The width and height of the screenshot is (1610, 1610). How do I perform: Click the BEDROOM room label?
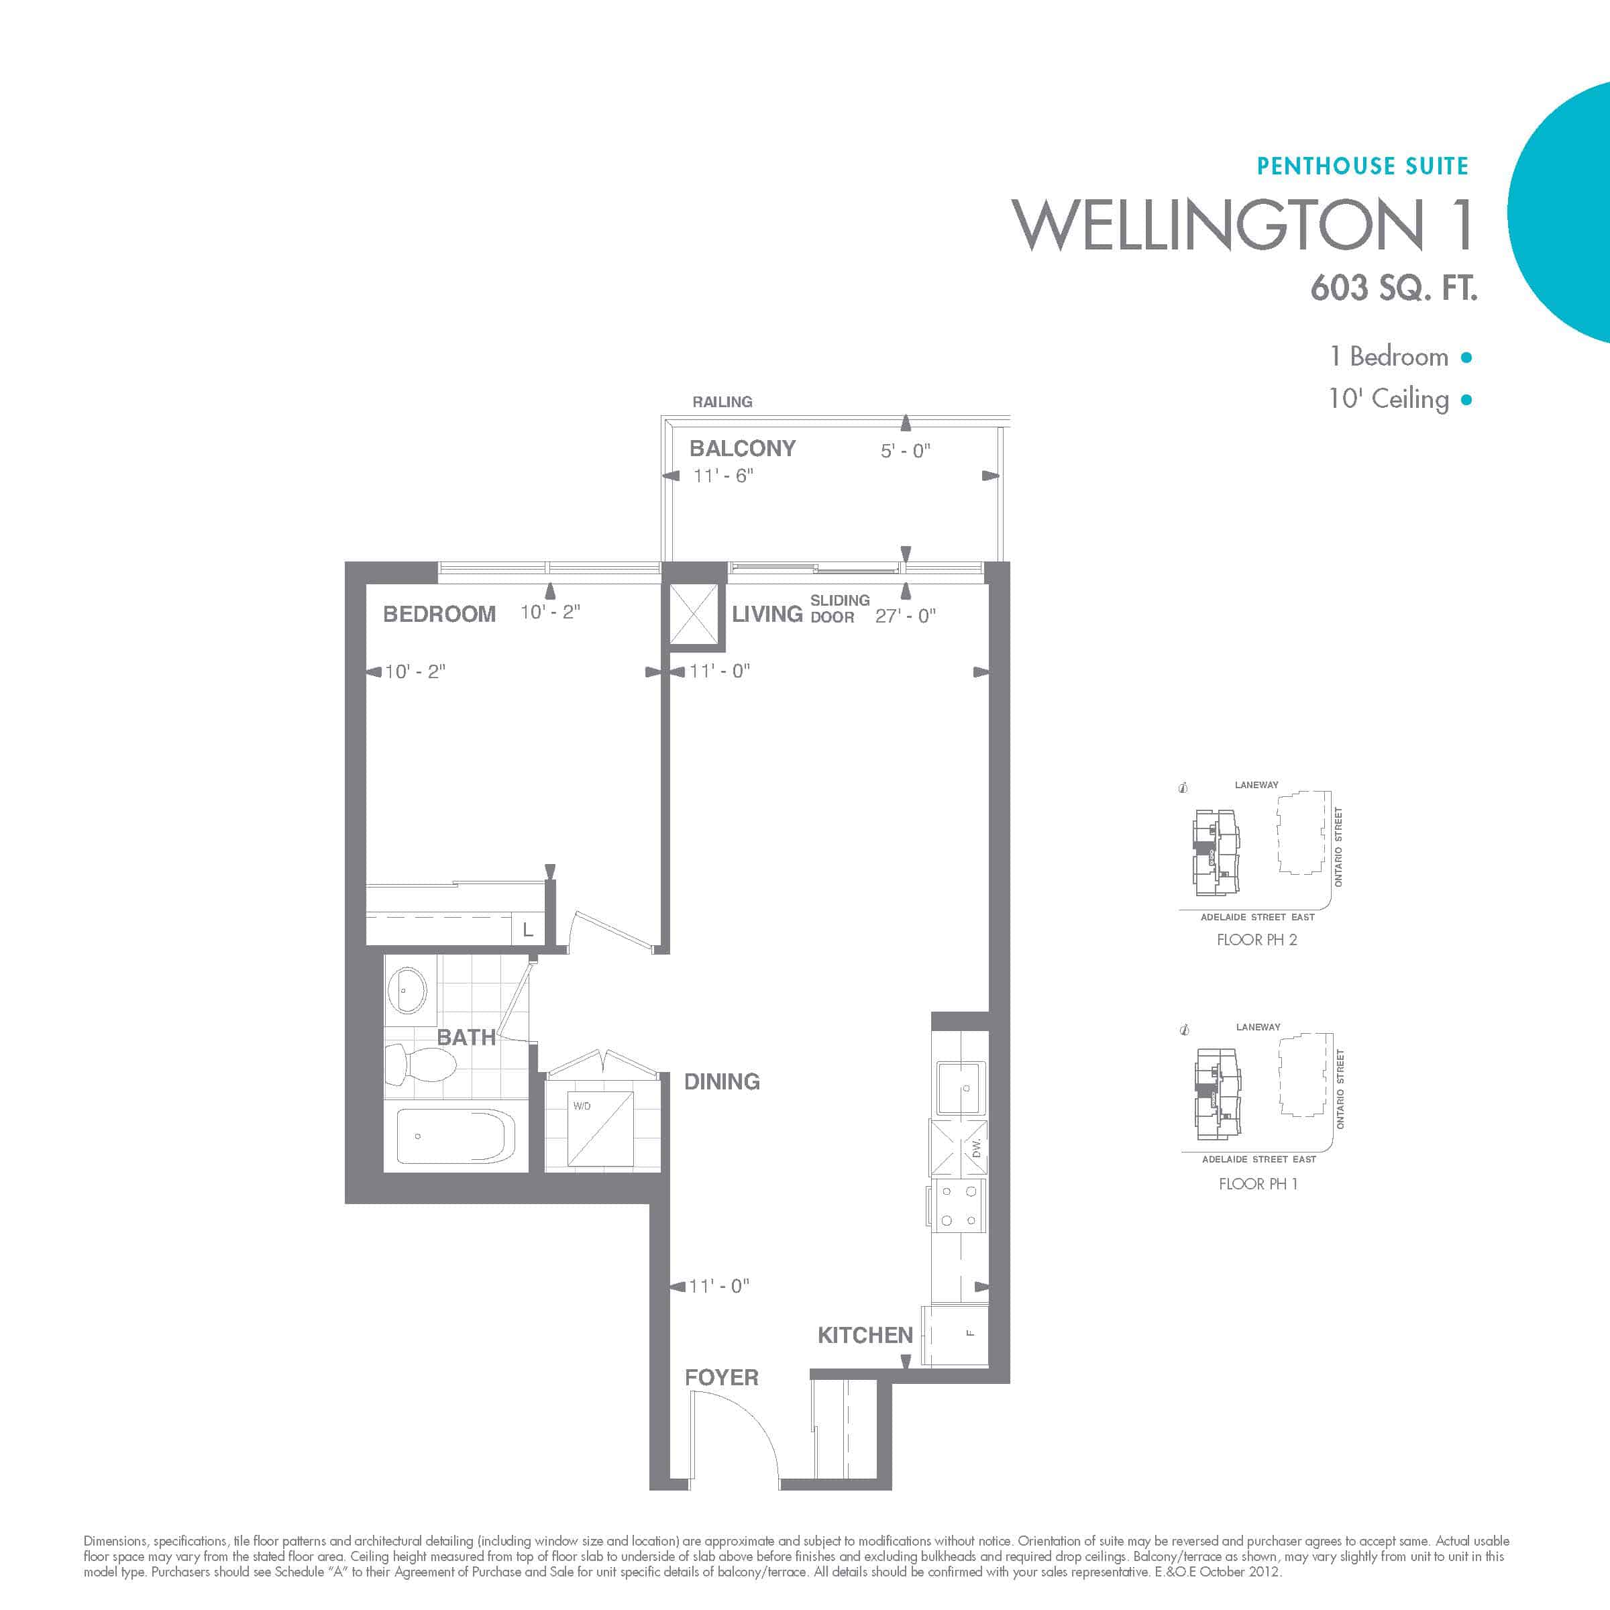click(439, 614)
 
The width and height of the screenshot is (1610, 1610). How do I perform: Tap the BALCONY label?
click(743, 448)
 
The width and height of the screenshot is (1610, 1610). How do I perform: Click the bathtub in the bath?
click(455, 1135)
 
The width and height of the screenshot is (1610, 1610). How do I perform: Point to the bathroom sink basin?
click(407, 990)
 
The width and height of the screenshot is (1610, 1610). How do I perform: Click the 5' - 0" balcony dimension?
click(906, 451)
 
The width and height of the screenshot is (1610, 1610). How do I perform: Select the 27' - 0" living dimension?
click(906, 616)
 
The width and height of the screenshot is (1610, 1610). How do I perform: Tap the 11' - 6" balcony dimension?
click(723, 476)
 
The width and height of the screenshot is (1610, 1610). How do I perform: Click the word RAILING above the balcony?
click(722, 402)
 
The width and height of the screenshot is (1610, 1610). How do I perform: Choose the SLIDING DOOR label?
click(840, 608)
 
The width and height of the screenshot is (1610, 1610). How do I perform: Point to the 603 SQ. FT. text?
click(1393, 288)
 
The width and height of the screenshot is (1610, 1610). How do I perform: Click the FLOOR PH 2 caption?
click(1256, 940)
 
